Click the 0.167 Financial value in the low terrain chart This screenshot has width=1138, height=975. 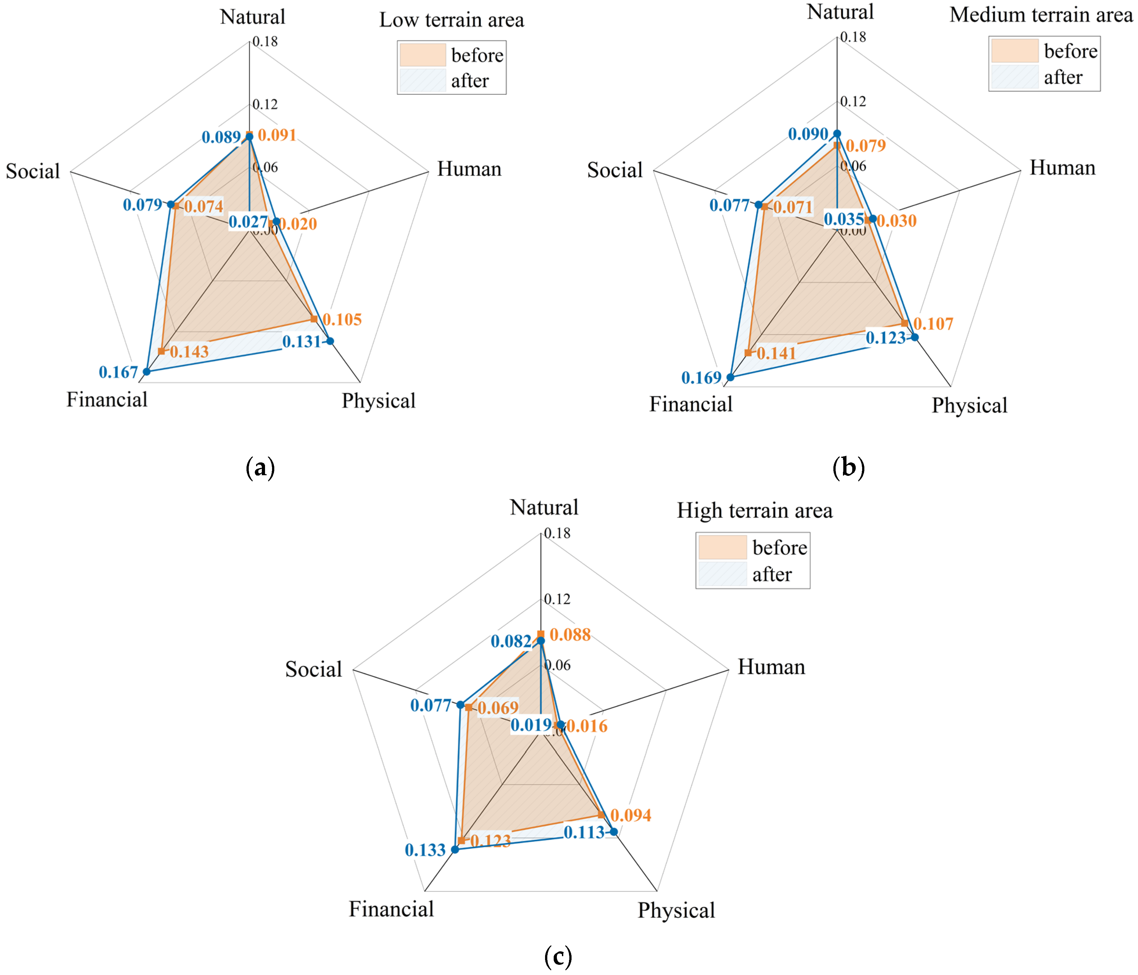tap(118, 372)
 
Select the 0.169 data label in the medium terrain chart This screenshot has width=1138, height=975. tap(701, 378)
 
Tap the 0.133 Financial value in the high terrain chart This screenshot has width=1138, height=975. tap(425, 850)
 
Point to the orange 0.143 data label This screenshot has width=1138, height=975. tap(189, 352)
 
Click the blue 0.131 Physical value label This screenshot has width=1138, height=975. tap(301, 342)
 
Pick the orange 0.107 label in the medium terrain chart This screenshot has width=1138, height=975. tap(933, 324)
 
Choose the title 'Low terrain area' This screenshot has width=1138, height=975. tap(451, 20)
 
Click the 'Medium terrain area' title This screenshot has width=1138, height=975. tap(1041, 15)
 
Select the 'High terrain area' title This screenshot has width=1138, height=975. tap(754, 511)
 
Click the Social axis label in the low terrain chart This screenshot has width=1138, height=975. tap(33, 171)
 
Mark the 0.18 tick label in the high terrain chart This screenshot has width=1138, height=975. tap(558, 533)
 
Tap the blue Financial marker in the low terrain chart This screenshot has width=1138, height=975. tap(146, 372)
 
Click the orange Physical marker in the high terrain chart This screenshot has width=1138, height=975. tap(601, 815)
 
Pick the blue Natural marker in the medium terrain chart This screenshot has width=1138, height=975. tap(837, 133)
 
